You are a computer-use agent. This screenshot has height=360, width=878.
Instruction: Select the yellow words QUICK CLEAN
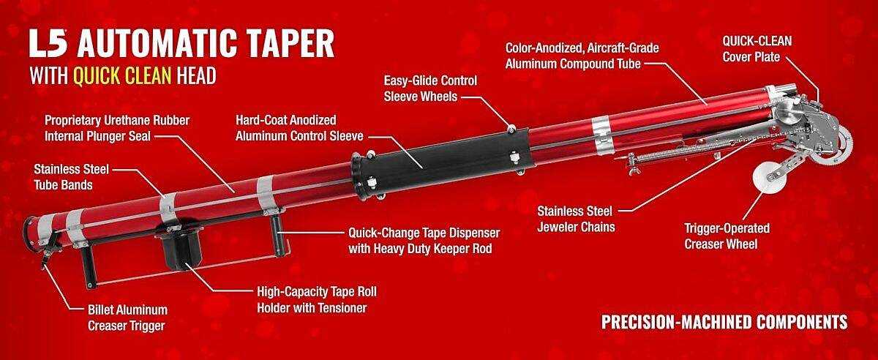click(x=122, y=75)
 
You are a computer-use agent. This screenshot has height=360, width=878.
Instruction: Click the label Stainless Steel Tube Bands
click(x=72, y=177)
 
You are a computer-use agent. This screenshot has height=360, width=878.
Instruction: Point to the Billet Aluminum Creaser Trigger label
click(x=127, y=318)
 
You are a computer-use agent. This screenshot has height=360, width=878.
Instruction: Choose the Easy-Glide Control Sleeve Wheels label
click(x=430, y=89)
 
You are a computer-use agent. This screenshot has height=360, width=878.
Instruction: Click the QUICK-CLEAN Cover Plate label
click(x=757, y=49)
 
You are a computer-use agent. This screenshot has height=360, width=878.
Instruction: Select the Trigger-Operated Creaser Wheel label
click(x=727, y=236)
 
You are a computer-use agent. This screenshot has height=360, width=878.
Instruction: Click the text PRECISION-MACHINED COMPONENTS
click(x=724, y=322)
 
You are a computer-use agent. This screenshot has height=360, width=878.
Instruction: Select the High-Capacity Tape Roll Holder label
click(x=317, y=300)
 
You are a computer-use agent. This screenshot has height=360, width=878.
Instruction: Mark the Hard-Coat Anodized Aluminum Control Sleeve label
click(x=299, y=128)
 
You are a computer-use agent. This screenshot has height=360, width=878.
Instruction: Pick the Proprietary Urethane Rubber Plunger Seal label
click(x=117, y=128)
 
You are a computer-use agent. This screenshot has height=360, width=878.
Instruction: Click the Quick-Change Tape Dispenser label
click(x=424, y=241)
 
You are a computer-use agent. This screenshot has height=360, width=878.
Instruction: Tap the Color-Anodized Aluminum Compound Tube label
click(x=582, y=56)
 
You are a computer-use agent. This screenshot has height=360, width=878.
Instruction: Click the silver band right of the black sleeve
click(x=601, y=135)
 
